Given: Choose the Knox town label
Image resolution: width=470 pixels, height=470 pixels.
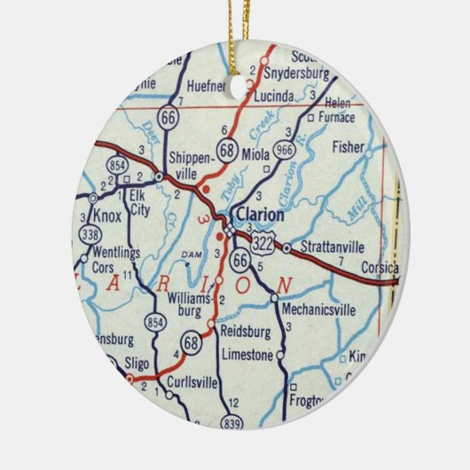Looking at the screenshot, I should point(107,215).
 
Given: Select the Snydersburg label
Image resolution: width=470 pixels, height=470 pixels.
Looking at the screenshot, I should point(299,72).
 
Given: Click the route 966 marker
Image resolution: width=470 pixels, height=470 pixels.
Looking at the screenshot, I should point(285,150).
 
